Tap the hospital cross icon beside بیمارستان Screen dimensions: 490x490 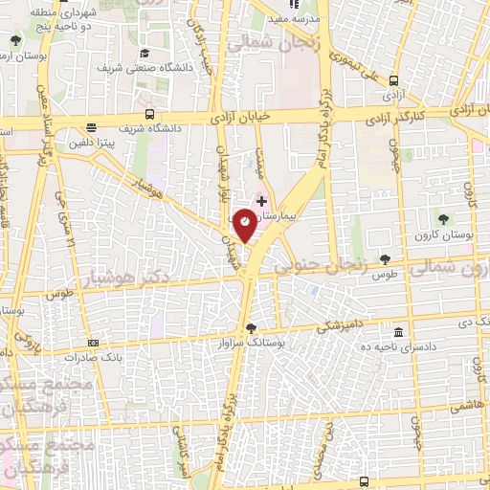point(262,200)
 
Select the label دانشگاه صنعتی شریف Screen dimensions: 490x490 point(145,68)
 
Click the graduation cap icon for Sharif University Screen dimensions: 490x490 point(144,53)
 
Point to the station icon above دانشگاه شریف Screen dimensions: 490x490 point(92,127)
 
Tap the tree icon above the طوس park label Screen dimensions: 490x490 point(385,259)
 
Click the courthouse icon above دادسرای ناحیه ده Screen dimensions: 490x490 point(398,331)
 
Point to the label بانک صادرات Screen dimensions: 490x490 point(94,355)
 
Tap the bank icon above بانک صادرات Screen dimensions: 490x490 point(93,342)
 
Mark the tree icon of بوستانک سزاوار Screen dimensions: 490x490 point(251,325)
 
